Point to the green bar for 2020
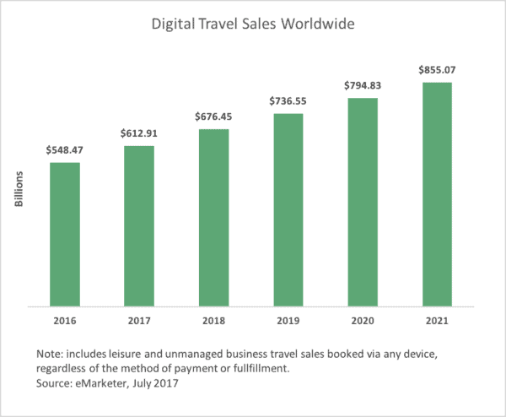coord(362,202)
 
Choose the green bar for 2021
coord(437,194)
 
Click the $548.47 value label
coord(65,150)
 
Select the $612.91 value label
coord(139,133)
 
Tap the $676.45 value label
coord(213,116)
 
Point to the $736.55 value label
coord(288,100)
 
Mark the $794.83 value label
coord(362,84)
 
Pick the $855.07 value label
coord(437,69)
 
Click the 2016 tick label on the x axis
coord(65,322)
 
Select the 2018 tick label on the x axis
coord(213,322)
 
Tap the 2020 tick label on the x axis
coord(362,322)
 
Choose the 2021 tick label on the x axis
coord(437,322)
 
